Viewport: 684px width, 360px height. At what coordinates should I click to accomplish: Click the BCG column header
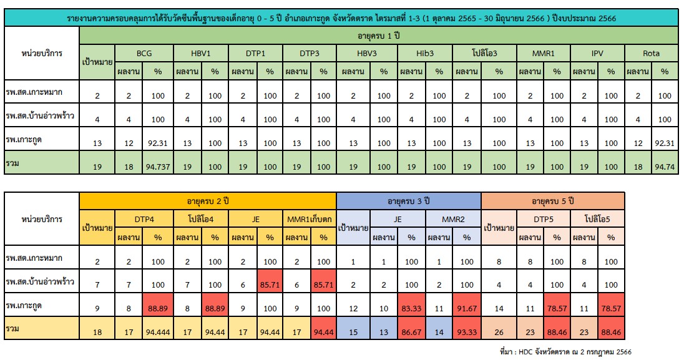tap(144, 54)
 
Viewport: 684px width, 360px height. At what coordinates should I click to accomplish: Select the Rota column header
tap(651, 54)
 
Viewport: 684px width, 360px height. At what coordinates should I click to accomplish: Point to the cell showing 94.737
tap(157, 167)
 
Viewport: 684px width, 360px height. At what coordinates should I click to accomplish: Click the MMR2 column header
tap(453, 219)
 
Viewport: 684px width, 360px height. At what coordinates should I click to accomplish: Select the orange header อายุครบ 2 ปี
tap(207, 201)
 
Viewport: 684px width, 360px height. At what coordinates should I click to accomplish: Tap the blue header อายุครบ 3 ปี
tap(408, 201)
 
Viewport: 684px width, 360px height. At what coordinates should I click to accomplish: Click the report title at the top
tap(341, 19)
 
